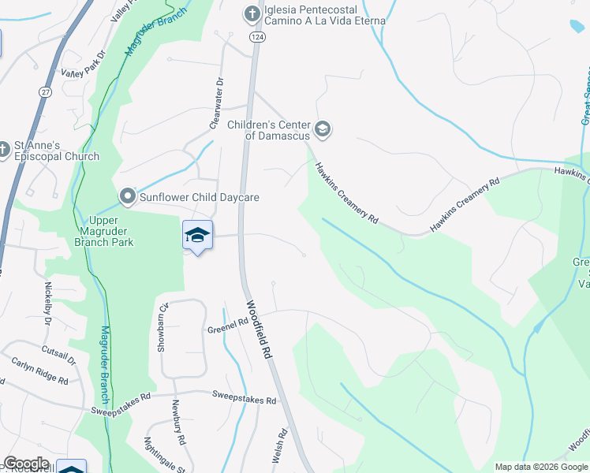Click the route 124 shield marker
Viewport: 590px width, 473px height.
click(x=256, y=37)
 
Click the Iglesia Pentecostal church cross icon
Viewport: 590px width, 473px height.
click(x=251, y=13)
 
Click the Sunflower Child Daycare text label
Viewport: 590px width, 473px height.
click(x=200, y=197)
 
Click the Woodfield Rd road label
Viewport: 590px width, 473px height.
click(x=259, y=330)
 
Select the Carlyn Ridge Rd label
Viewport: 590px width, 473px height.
click(x=39, y=370)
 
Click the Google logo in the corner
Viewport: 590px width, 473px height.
click(x=26, y=464)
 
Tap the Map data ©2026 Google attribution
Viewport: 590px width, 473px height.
click(x=541, y=467)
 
